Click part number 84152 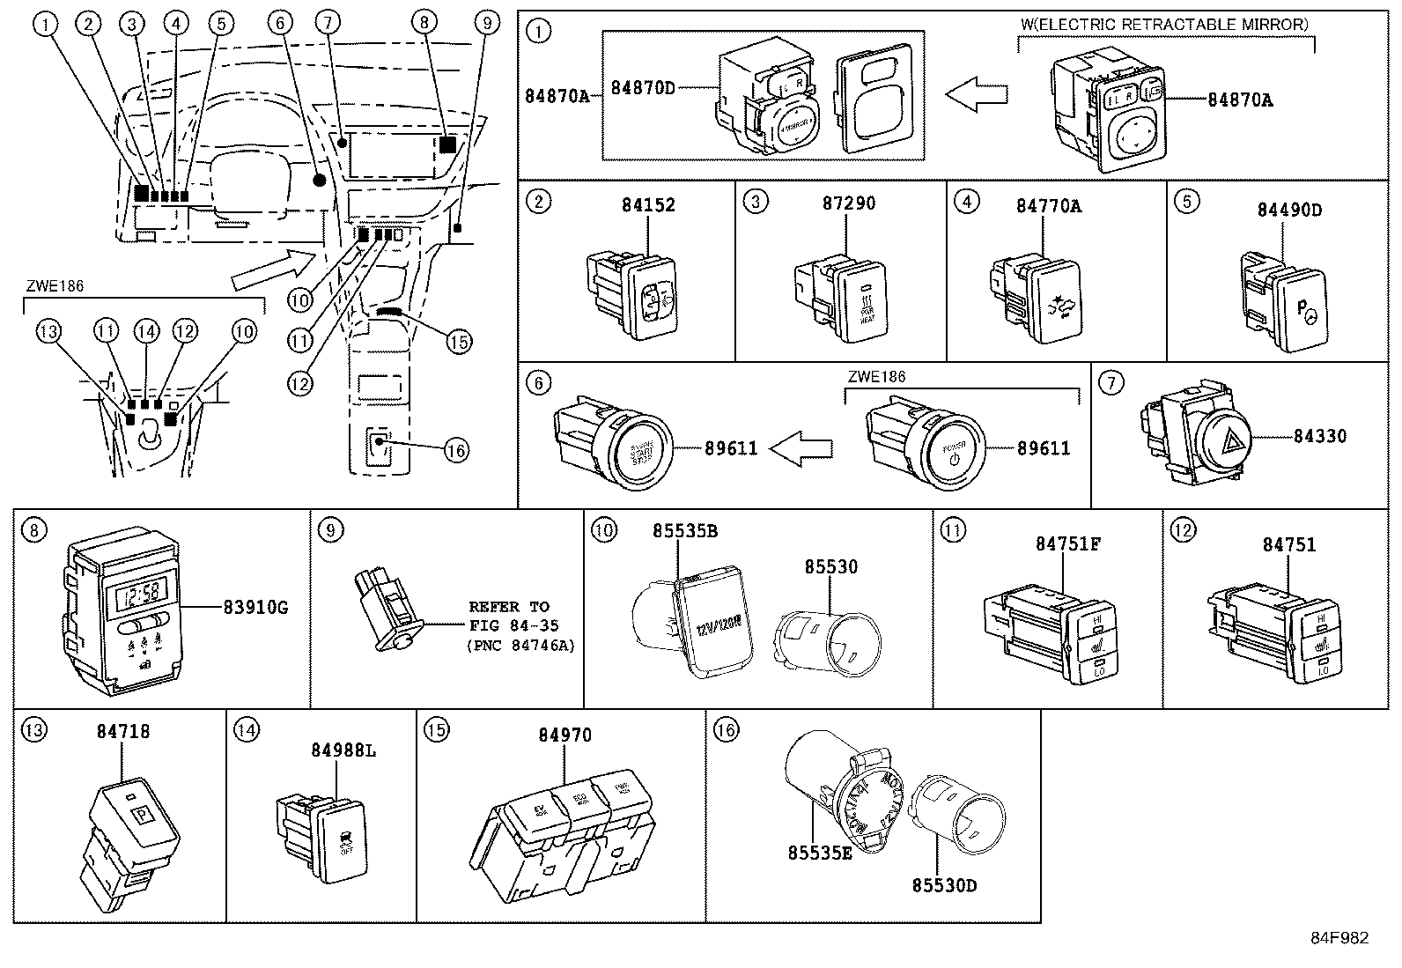pos(648,205)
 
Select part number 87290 pos(849,203)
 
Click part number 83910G pos(255,607)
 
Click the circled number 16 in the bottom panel pos(725,729)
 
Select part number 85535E pos(820,853)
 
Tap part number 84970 pos(564,735)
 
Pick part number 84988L pos(343,750)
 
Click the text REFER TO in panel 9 pos(509,607)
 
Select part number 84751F pos(1068,544)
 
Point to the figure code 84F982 pos(1338,938)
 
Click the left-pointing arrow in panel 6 pos(801,448)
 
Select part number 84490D pos(1289,210)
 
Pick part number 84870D pos(644,88)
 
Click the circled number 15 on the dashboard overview pos(459,342)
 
